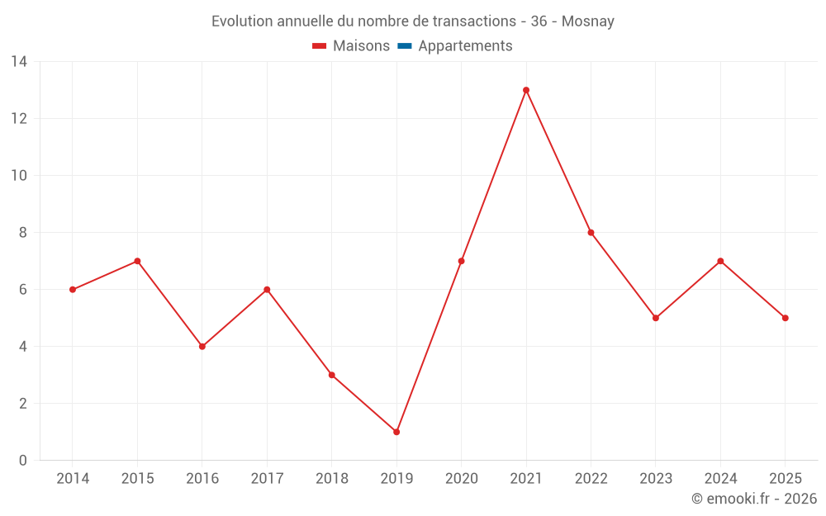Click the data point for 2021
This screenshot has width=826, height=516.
point(526,90)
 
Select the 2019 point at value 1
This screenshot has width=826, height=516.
point(396,432)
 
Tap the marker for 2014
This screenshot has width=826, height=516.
point(73,290)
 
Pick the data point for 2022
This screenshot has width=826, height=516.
point(591,233)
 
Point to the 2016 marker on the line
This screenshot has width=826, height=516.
point(202,347)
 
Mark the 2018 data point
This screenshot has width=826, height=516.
point(332,375)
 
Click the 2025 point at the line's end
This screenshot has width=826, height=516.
point(785,318)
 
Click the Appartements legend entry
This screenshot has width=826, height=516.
point(465,46)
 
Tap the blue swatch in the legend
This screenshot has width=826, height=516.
point(404,46)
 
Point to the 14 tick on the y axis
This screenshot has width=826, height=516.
point(19,62)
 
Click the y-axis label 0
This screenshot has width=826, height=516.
point(23,461)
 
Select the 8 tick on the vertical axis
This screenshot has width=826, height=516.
point(23,233)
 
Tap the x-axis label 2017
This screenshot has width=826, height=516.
point(267,479)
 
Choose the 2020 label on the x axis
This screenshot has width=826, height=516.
point(462,479)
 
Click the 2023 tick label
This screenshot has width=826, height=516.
point(656,479)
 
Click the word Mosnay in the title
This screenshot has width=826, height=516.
point(587,21)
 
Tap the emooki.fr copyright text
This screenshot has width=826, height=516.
point(754,499)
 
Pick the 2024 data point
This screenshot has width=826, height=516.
point(720,261)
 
